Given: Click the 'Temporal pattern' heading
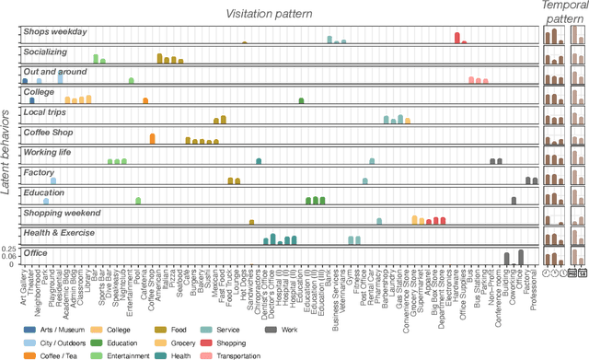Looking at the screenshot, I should [x=563, y=10].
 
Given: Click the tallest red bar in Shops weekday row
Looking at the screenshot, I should [x=457, y=38].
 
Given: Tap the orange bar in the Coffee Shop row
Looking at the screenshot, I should [x=152, y=139].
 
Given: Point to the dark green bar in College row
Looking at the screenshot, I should [x=301, y=100].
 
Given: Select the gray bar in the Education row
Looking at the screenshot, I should [x=514, y=200].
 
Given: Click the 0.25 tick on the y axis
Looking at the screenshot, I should [x=10, y=249].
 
